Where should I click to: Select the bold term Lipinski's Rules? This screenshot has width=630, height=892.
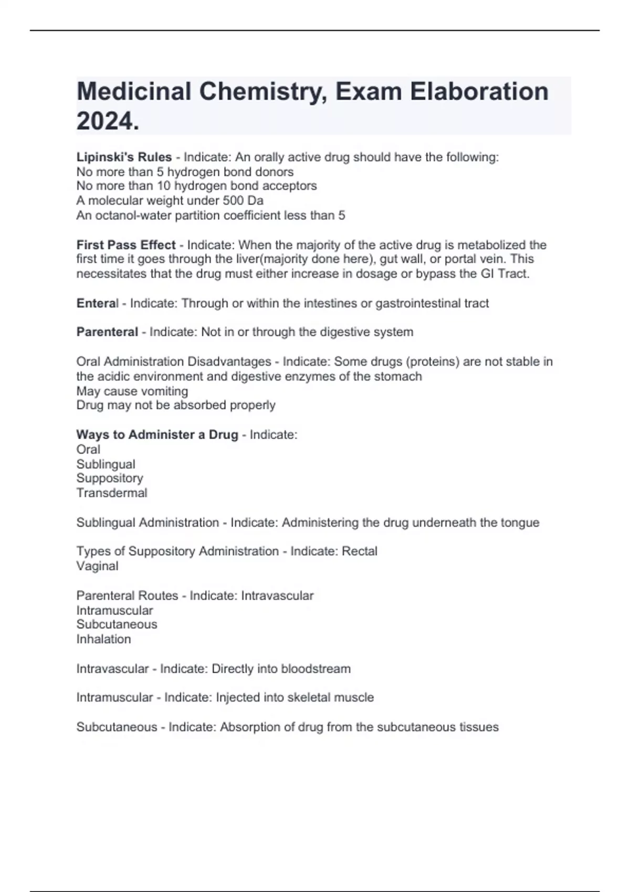click(x=124, y=157)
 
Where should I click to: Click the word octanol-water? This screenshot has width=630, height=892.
click(x=137, y=215)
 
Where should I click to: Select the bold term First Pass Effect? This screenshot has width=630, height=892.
click(x=126, y=245)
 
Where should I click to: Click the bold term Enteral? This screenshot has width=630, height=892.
click(x=98, y=303)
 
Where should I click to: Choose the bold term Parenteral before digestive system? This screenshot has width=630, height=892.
click(x=107, y=332)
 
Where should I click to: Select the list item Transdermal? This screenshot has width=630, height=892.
click(x=112, y=493)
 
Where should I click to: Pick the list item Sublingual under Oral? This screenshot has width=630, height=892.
click(x=106, y=464)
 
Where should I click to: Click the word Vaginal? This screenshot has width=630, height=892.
click(x=97, y=566)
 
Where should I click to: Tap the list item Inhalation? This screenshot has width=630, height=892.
click(x=103, y=639)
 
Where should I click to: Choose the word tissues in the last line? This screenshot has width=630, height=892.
click(x=479, y=727)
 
